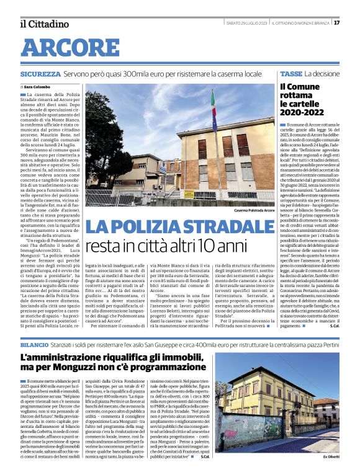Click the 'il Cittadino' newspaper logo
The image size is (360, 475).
click(x=43, y=24)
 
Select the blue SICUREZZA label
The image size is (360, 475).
click(x=40, y=74)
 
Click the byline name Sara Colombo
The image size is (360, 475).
click(x=37, y=87)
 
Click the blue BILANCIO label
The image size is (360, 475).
click(x=34, y=343)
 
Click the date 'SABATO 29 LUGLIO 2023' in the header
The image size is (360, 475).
click(x=247, y=23)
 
